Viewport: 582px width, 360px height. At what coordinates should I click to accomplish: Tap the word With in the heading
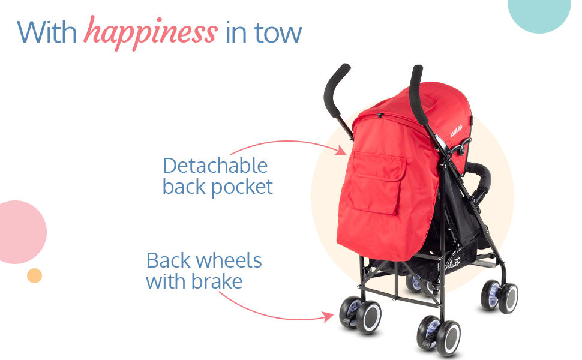[47, 32]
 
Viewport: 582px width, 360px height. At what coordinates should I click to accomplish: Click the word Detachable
[215, 166]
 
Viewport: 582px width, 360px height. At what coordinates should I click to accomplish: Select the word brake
[218, 281]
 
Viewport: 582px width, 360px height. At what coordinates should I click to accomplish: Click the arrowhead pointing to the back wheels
[328, 317]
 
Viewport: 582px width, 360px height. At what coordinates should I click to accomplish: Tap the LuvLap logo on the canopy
[456, 131]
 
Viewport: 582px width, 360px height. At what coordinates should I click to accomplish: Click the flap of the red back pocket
[378, 166]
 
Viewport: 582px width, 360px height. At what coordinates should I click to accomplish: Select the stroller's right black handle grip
[418, 95]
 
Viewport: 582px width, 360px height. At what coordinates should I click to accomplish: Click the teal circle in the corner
[539, 15]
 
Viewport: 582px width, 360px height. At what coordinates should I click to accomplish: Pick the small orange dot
[35, 276]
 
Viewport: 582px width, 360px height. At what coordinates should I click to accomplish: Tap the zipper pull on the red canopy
[380, 116]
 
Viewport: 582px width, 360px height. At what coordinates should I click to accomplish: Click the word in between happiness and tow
[236, 32]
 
